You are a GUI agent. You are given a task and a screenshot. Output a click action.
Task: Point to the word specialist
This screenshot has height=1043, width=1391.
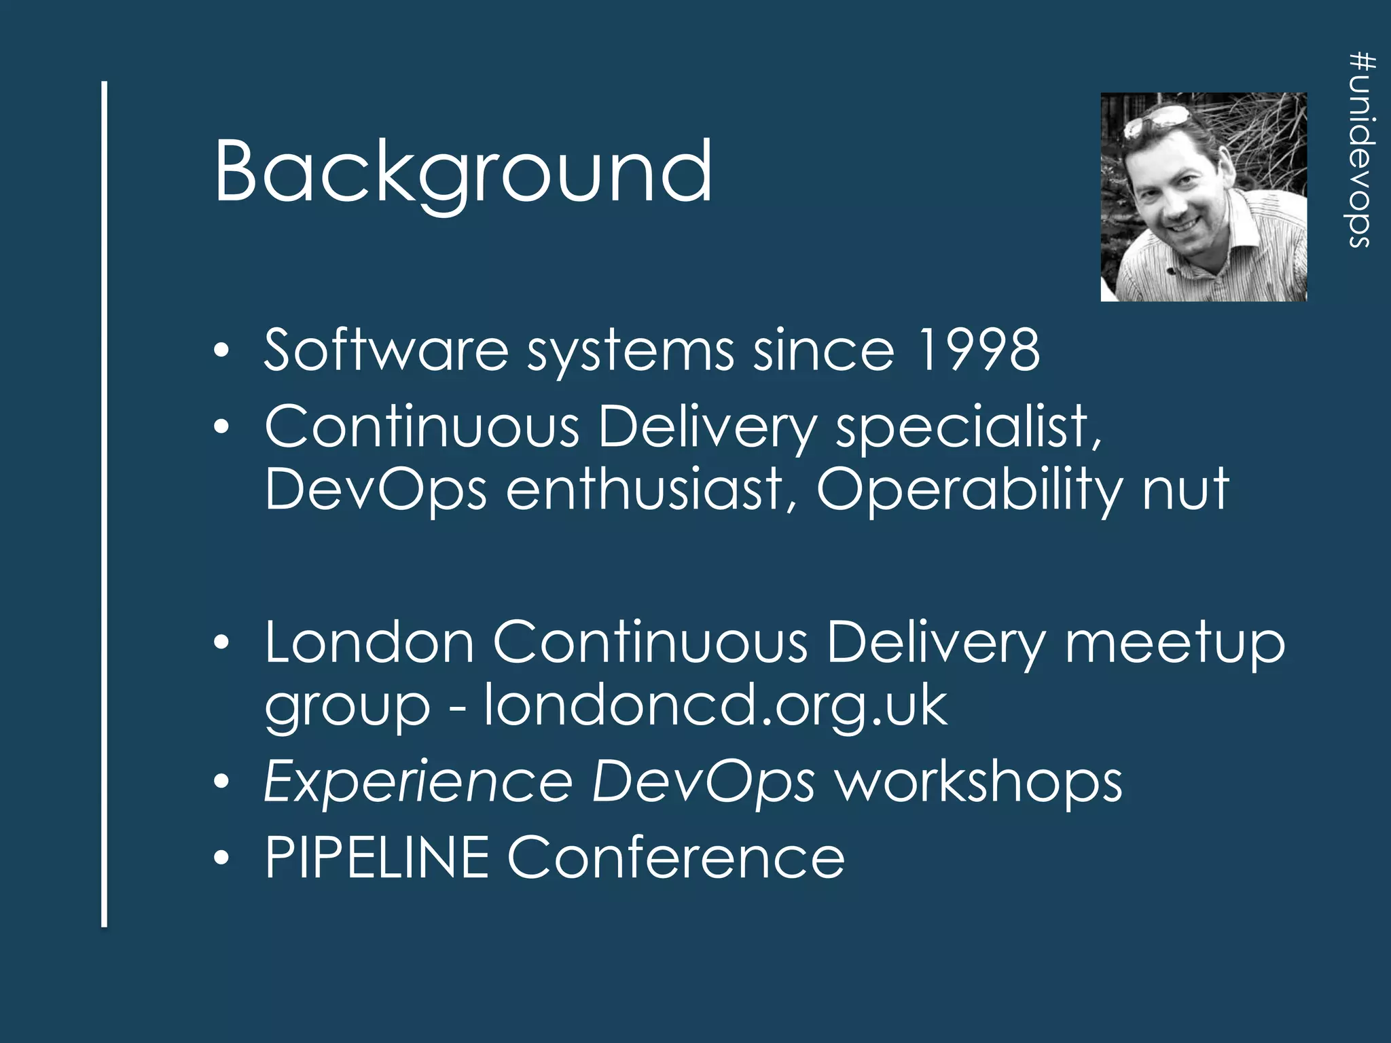pos(968,428)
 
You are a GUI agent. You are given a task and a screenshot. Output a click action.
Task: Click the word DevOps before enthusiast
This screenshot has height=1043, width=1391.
pos(376,490)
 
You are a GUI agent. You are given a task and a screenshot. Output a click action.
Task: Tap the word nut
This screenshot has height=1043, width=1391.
pos(1185,490)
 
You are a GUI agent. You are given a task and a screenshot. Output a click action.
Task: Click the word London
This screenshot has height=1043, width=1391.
pos(369,642)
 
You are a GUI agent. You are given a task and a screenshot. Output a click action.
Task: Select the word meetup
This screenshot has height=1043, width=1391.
pos(1174,644)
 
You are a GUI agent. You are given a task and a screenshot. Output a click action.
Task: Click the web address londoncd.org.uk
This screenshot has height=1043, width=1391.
pos(715,706)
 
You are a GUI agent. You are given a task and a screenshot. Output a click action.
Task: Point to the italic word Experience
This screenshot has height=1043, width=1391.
pos(418,783)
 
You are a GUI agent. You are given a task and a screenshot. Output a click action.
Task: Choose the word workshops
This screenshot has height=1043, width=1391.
pos(978,783)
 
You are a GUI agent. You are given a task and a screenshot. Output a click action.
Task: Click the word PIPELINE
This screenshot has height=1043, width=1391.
pos(377,858)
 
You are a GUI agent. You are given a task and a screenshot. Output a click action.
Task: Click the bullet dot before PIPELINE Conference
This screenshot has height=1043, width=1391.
pos(221,859)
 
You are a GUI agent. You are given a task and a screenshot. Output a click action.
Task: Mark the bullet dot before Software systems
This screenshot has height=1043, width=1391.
pos(221,351)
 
